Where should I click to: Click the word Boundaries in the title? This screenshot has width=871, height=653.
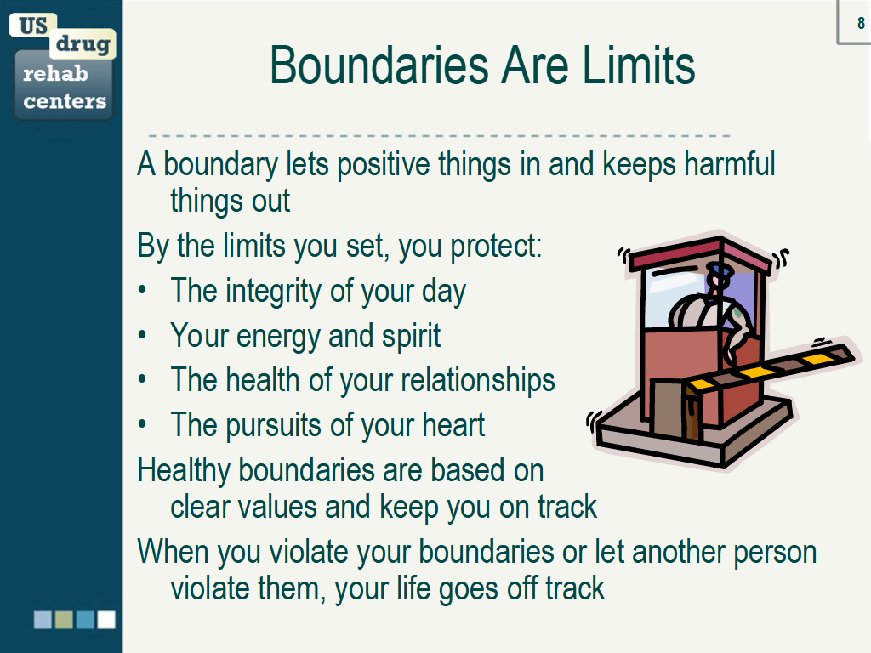tap(380, 66)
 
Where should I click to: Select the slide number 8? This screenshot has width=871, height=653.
tap(861, 23)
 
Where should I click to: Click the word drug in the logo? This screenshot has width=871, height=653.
tap(83, 44)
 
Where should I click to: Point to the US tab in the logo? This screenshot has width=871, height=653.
tap(33, 26)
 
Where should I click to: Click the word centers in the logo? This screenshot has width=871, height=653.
tap(65, 101)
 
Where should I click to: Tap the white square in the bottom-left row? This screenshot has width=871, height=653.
tap(106, 620)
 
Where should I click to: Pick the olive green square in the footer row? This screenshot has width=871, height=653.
tap(64, 620)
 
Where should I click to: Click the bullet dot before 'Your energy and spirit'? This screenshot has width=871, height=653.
tap(143, 334)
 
